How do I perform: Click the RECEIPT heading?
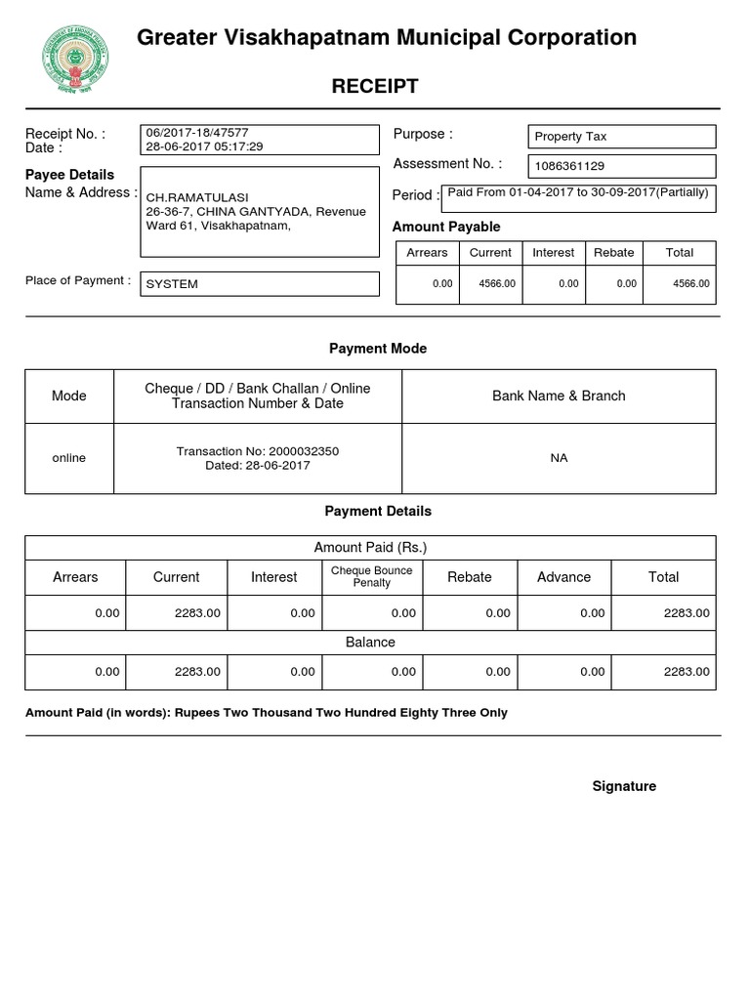click(375, 86)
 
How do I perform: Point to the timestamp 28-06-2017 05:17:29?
click(204, 146)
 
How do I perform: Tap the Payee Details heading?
click(69, 175)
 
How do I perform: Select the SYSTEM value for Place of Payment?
click(172, 284)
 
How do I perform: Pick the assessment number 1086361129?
click(569, 166)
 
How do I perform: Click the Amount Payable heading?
click(445, 227)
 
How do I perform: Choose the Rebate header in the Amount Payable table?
click(613, 252)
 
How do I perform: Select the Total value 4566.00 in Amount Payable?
click(691, 284)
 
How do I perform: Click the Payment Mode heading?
click(377, 349)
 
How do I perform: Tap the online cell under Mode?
click(68, 458)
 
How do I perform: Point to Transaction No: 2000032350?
click(258, 451)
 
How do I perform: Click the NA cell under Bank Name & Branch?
click(559, 458)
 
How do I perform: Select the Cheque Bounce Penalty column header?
click(371, 576)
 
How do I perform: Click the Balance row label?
click(370, 642)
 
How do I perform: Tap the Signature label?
click(624, 786)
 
